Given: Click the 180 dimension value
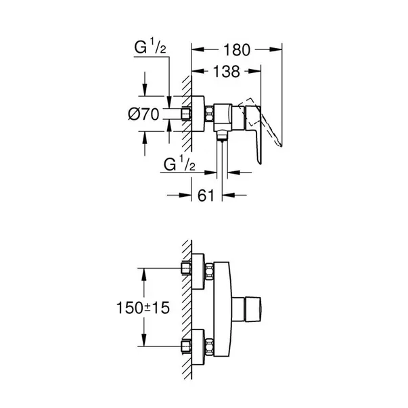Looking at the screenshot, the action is click(x=237, y=50).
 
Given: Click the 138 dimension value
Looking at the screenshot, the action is click(x=227, y=72).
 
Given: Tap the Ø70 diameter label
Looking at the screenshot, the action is click(x=143, y=114).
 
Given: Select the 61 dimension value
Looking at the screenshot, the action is click(x=206, y=196).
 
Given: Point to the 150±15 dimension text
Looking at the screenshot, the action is click(x=143, y=308).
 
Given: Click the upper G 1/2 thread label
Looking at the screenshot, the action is click(x=150, y=47).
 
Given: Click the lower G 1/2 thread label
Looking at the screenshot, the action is click(x=179, y=164).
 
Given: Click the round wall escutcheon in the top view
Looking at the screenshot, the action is click(x=198, y=114).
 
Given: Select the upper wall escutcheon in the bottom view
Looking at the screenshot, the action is click(x=198, y=271).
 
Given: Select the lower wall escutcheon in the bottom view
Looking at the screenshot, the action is click(x=198, y=347).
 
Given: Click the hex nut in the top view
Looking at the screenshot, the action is click(x=209, y=114).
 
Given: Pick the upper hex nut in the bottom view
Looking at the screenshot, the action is click(x=209, y=271).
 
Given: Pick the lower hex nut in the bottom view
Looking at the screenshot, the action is click(x=209, y=347).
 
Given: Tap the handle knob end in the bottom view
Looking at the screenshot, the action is click(x=253, y=309).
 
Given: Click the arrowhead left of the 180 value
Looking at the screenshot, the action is click(x=198, y=49).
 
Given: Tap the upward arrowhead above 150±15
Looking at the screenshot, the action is click(x=143, y=275).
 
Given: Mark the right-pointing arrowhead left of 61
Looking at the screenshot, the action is click(x=185, y=195).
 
